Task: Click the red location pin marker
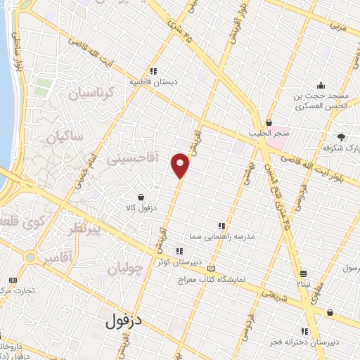coord(181,166)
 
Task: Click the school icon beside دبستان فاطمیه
coord(153,70)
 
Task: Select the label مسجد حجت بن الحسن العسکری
coord(320,102)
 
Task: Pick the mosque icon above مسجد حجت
coord(321,85)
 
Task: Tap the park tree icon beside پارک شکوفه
coord(342,137)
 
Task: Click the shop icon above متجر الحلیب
coord(268,122)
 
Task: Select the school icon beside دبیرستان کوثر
coord(180,251)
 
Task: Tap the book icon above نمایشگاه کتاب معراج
coord(212,268)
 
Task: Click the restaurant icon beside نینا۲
coord(303,274)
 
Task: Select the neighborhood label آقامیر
coord(57,259)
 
